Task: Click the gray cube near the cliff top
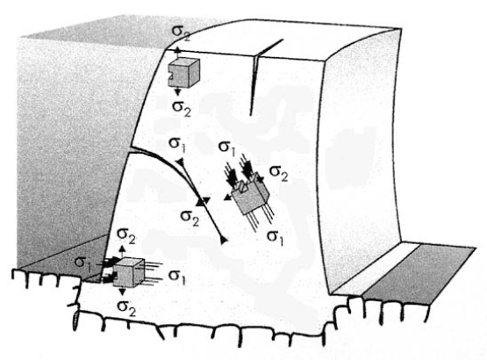pyautogui.click(x=183, y=72)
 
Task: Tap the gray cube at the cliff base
pyautogui.click(x=128, y=273)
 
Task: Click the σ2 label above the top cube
pyautogui.click(x=182, y=33)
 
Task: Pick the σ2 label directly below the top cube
pyautogui.click(x=182, y=109)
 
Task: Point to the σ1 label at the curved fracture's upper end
pyautogui.click(x=176, y=145)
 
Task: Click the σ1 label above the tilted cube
pyautogui.click(x=227, y=148)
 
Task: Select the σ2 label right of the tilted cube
pyautogui.click(x=278, y=173)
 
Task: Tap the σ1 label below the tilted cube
pyautogui.click(x=276, y=238)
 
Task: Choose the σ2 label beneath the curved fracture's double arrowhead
pyautogui.click(x=190, y=217)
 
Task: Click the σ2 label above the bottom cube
pyautogui.click(x=125, y=236)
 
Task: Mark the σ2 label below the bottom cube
pyautogui.click(x=126, y=308)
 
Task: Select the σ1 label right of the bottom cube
pyautogui.click(x=176, y=277)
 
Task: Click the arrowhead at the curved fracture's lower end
pyautogui.click(x=224, y=240)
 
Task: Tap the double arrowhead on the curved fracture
pyautogui.click(x=204, y=202)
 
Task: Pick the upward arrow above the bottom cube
pyautogui.click(x=123, y=252)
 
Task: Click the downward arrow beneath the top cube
pyautogui.click(x=177, y=91)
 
